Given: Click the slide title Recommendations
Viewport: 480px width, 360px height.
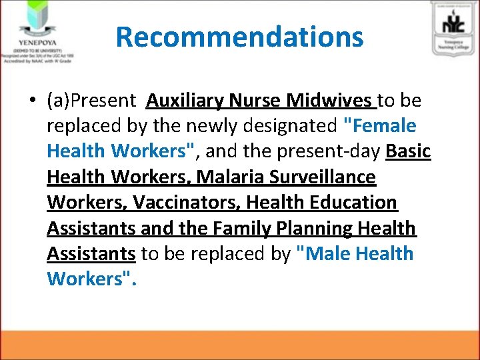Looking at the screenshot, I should tap(239, 37).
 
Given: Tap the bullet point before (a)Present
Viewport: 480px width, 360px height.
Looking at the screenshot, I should tap(32, 101).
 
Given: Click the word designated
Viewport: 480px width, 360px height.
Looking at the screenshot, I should tap(284, 126).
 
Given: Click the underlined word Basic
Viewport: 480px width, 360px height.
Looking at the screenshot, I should tap(408, 151).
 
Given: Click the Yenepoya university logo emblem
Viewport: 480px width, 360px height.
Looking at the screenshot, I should tap(36, 20).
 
